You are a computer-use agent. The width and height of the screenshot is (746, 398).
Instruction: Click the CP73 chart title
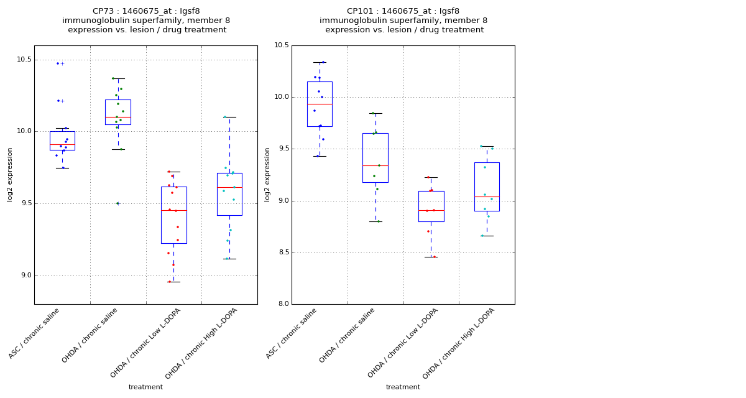click(146, 21)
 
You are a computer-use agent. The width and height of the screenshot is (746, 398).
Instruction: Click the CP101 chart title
click(403, 21)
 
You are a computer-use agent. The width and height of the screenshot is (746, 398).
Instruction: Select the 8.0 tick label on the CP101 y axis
click(283, 304)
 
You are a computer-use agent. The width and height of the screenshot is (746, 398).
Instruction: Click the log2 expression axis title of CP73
click(11, 175)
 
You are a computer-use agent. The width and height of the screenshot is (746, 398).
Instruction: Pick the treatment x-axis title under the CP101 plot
click(403, 387)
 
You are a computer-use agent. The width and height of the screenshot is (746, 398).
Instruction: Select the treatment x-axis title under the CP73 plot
click(145, 387)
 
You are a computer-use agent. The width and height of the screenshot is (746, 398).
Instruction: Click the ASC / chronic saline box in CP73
click(62, 141)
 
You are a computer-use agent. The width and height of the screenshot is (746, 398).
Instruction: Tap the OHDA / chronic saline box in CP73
click(118, 112)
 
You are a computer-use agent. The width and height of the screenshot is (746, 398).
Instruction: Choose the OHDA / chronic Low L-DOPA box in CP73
click(173, 215)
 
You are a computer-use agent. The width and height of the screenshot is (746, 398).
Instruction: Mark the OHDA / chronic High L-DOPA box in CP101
click(487, 187)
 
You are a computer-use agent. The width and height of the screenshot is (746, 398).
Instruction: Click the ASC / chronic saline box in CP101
click(320, 104)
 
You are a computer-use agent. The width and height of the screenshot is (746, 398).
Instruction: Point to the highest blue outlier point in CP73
click(58, 63)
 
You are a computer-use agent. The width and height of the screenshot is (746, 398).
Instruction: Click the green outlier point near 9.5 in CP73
click(117, 203)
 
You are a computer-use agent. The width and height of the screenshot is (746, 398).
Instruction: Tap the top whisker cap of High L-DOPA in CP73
click(229, 117)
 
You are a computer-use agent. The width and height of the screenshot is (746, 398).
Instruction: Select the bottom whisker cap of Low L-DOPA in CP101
click(431, 257)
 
